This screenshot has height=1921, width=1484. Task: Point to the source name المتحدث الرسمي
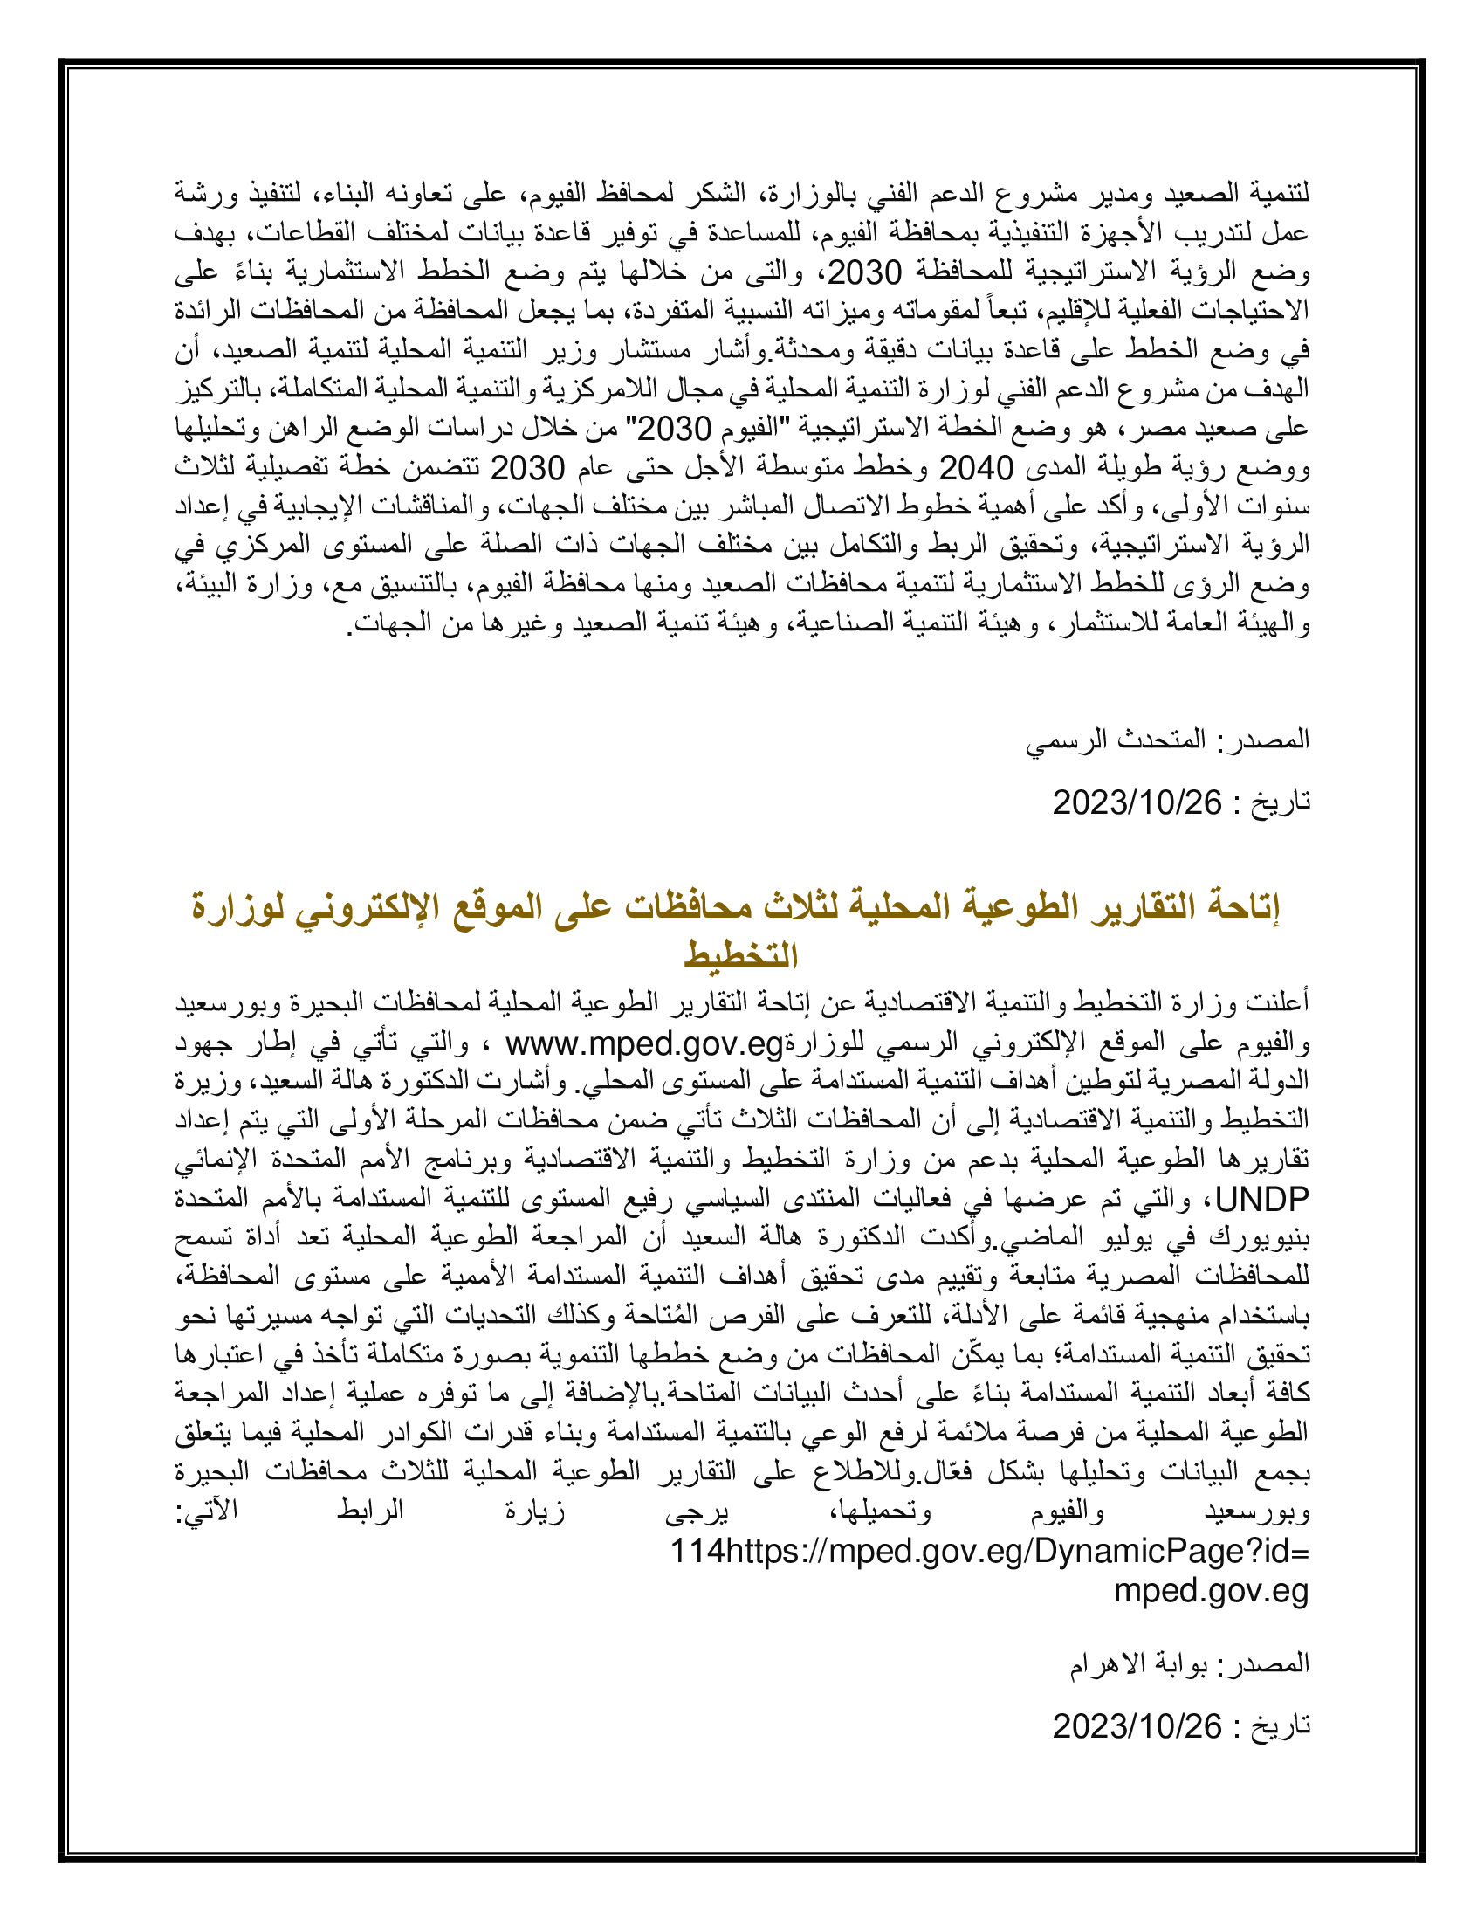(1116, 739)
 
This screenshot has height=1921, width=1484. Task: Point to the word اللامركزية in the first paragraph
(576, 388)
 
